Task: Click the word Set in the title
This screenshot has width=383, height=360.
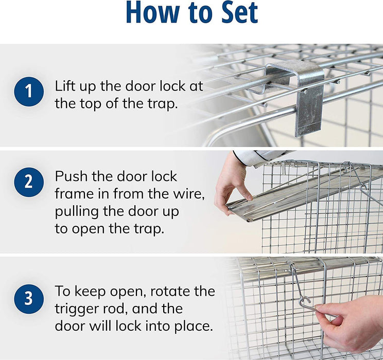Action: (239, 12)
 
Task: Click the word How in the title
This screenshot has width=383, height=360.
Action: (152, 12)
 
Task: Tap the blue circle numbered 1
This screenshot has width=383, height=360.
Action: (29, 92)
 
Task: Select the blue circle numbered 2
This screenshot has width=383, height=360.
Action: (29, 182)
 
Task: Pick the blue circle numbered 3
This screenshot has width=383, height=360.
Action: (29, 299)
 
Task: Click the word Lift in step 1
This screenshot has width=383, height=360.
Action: (65, 86)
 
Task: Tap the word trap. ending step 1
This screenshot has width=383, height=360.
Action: (162, 104)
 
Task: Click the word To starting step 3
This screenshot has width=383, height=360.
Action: (63, 291)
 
